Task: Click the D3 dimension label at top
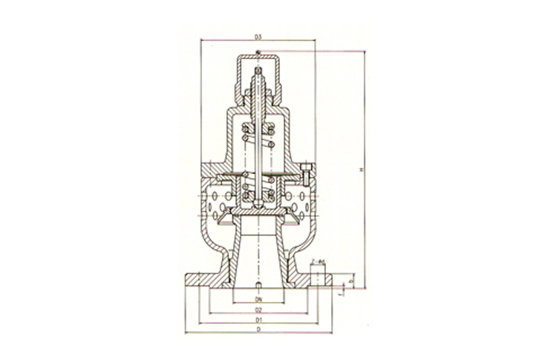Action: (257, 37)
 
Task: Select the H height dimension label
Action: (361, 170)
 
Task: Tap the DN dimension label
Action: (257, 299)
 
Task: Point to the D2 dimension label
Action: (257, 310)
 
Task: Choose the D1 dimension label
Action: (257, 319)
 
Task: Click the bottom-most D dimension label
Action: (257, 329)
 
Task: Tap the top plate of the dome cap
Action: (258, 57)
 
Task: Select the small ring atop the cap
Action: (258, 53)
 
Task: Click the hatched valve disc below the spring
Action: (258, 212)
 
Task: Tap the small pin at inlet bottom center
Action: (258, 285)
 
